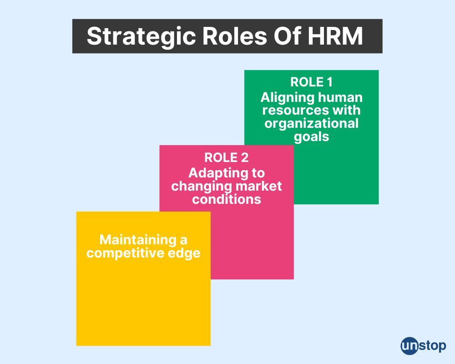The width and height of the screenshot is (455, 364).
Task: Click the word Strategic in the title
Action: click(141, 37)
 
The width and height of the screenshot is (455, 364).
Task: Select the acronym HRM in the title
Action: click(335, 36)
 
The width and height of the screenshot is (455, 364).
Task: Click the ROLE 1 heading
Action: click(311, 82)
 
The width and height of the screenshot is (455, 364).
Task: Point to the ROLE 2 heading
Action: click(226, 157)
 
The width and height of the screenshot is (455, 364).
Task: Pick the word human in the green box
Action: click(340, 97)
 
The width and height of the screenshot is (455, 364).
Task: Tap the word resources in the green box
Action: click(295, 111)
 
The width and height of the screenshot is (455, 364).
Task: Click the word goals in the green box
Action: click(311, 137)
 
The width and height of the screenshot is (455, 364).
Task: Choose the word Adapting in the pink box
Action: click(217, 174)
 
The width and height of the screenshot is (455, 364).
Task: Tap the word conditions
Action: click(226, 199)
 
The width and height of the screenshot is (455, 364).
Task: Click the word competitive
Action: click(121, 253)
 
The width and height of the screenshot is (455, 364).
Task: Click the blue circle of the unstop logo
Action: click(409, 346)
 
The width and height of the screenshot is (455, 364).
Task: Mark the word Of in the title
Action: click(287, 36)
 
